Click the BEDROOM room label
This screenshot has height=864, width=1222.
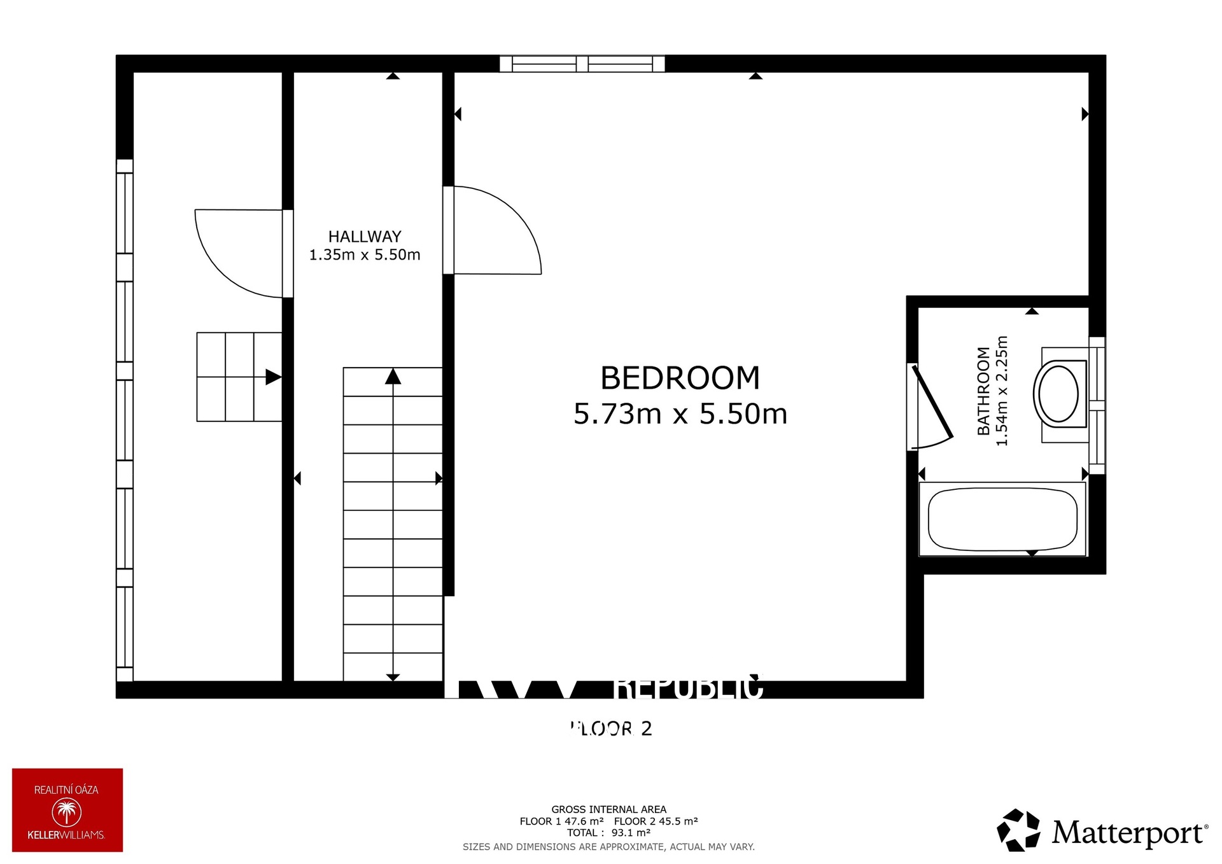point(680,378)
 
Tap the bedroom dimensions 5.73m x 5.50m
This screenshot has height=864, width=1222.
point(680,414)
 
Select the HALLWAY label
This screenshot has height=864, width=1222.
point(365,237)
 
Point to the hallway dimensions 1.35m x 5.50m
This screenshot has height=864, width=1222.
point(365,255)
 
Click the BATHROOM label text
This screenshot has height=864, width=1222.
point(983,391)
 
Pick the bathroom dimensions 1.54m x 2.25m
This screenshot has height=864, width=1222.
point(1002,391)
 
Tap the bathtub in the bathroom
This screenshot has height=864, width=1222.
point(1002,519)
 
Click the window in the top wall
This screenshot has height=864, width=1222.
point(582,64)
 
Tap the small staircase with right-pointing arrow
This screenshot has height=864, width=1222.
point(239,377)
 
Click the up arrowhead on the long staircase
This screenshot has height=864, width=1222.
point(393,377)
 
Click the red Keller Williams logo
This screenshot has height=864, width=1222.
point(67,810)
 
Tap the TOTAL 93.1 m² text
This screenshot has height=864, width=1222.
point(608,832)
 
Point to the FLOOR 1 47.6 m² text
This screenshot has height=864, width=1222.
point(561,821)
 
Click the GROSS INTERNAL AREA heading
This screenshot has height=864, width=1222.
point(608,809)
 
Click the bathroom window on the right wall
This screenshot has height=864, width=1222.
point(1097,405)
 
